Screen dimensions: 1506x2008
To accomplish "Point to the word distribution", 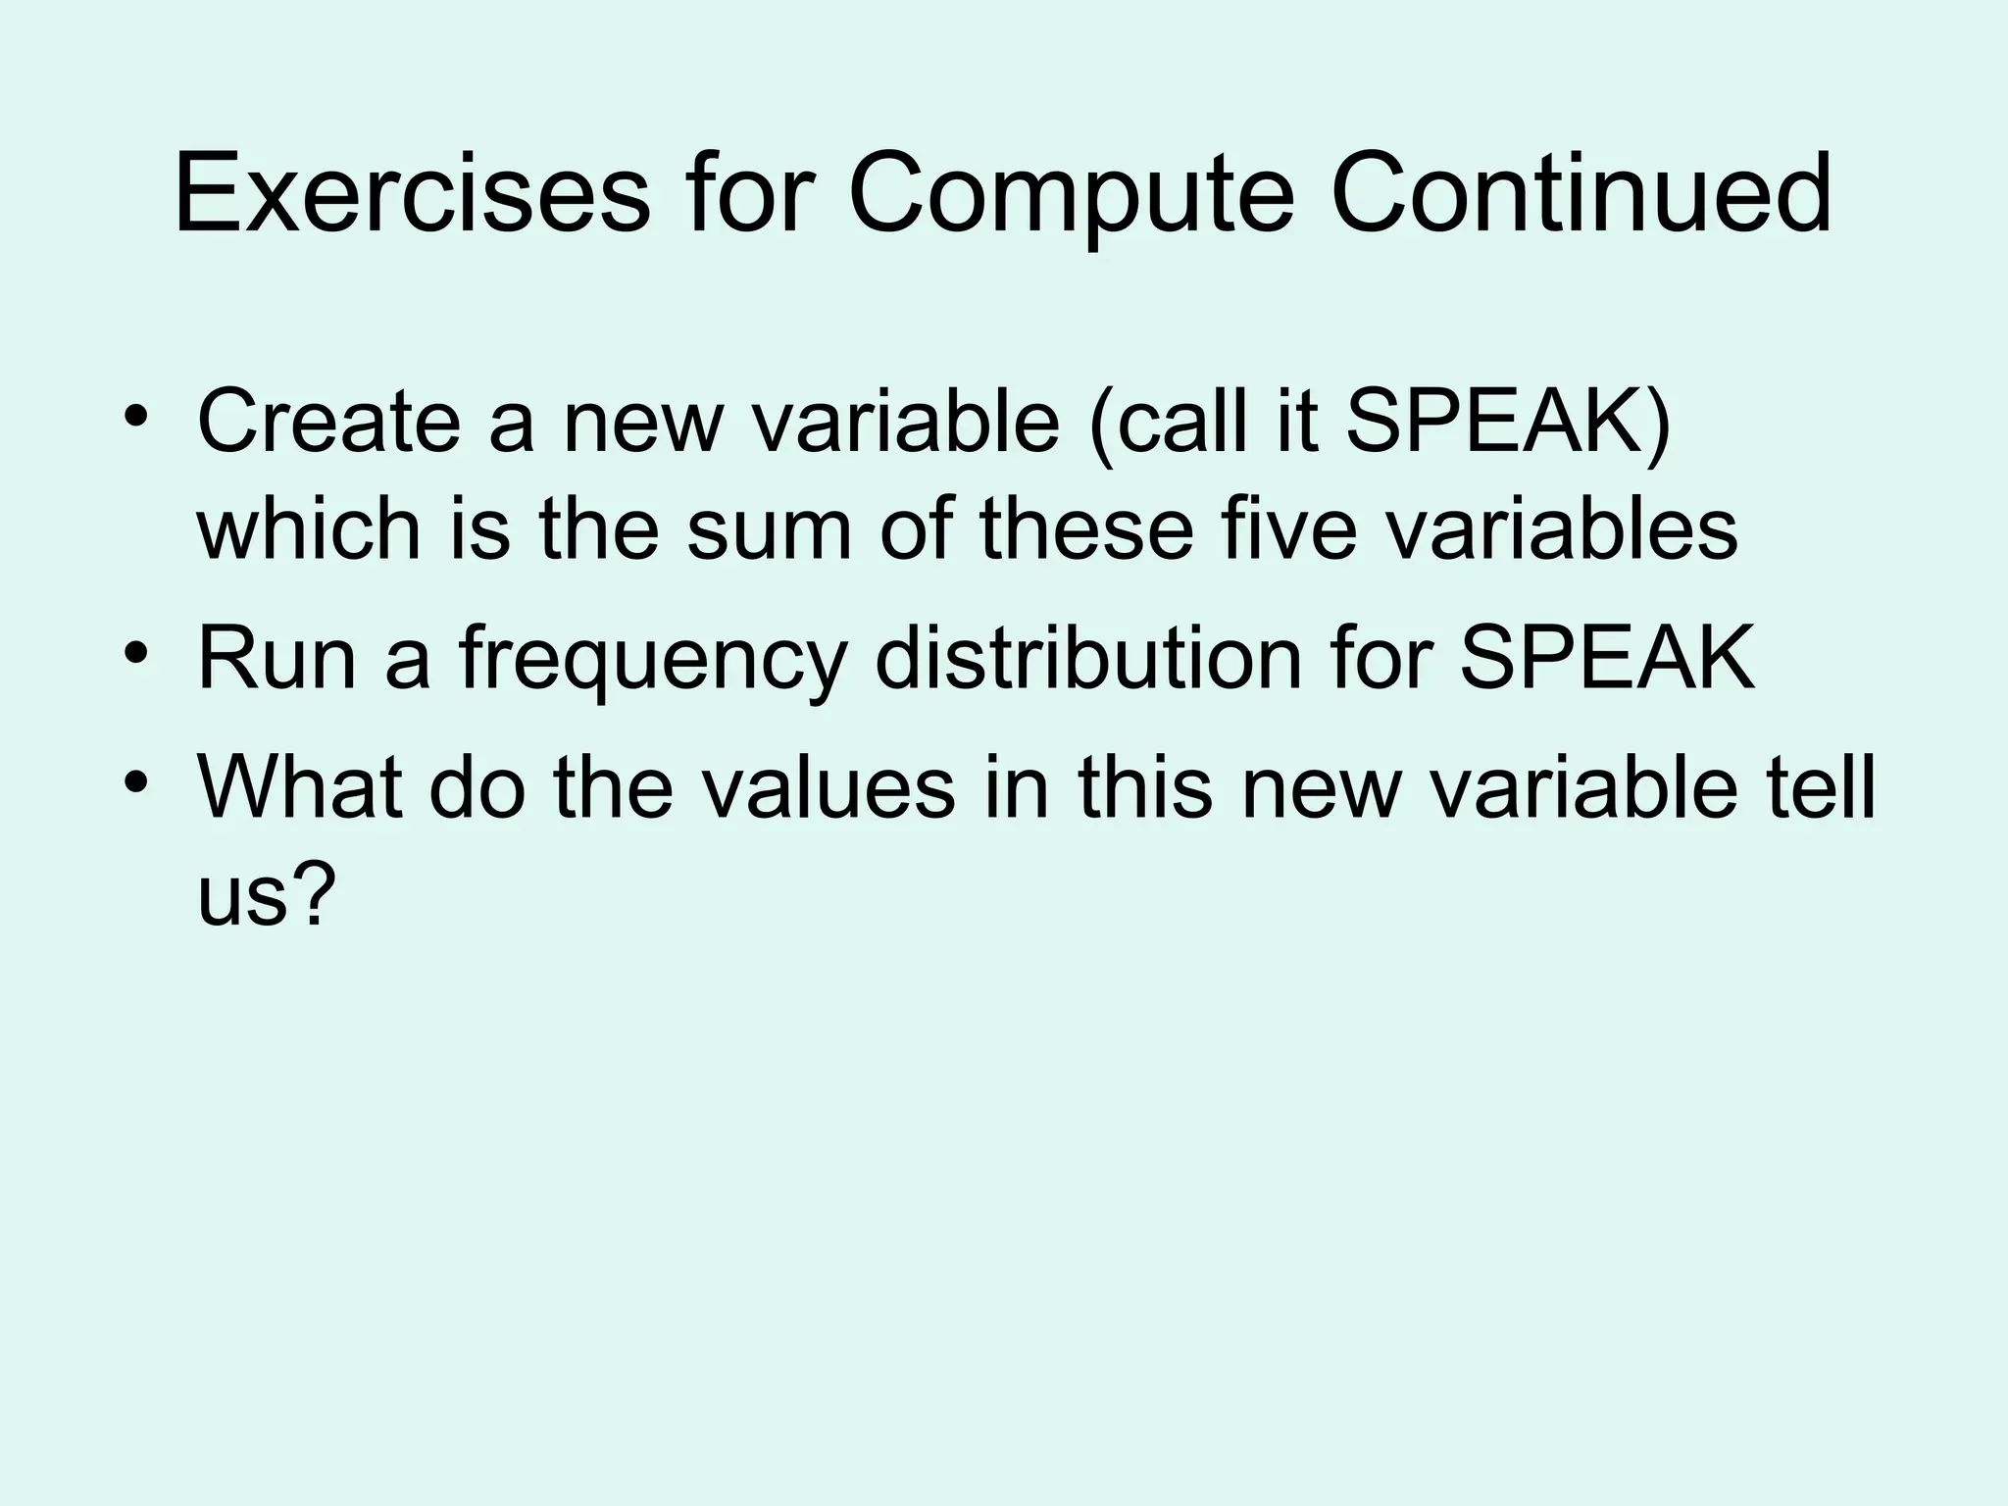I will click(x=1088, y=659).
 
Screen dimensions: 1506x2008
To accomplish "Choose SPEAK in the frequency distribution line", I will click(x=1608, y=659).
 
